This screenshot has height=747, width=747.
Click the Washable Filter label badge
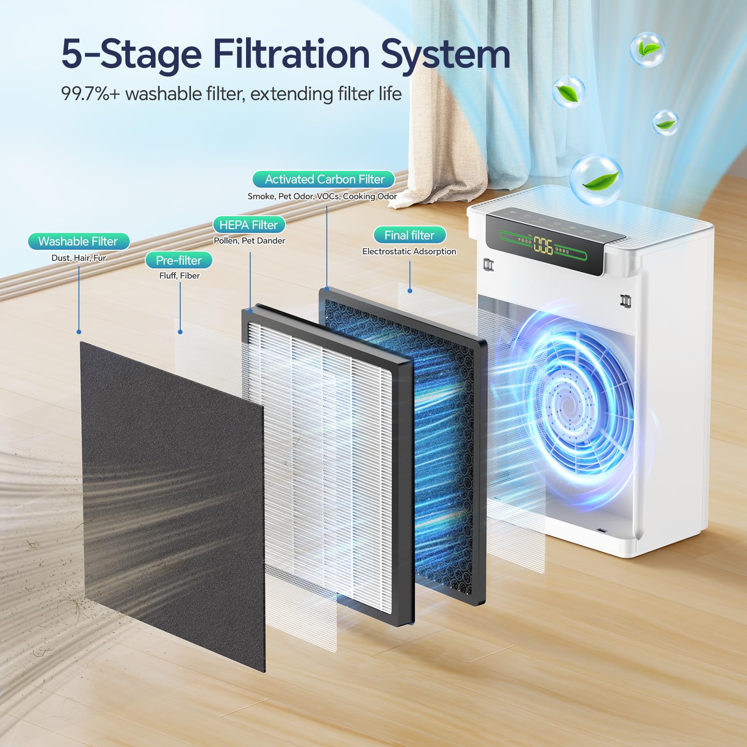pos(78,241)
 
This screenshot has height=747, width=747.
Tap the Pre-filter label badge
pos(179,260)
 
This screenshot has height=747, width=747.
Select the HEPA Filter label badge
pos(249,225)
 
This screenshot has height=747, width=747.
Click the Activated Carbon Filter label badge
pos(324,179)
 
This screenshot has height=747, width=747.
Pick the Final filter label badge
pos(409,235)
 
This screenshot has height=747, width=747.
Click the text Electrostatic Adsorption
pos(409,251)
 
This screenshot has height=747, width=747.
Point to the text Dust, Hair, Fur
pos(79,258)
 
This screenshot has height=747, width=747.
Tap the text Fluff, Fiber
pos(179,275)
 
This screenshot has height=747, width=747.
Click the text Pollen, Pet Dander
pos(249,240)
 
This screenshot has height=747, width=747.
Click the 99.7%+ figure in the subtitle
pos(91,94)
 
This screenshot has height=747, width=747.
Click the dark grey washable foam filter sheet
pos(173,504)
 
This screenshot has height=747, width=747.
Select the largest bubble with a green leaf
pos(597,180)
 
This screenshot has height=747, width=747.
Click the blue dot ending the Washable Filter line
pos(79,332)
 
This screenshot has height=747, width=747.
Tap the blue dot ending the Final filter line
pos(410,291)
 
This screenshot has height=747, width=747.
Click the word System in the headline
pos(445,54)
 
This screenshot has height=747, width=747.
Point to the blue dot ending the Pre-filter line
pos(180,332)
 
